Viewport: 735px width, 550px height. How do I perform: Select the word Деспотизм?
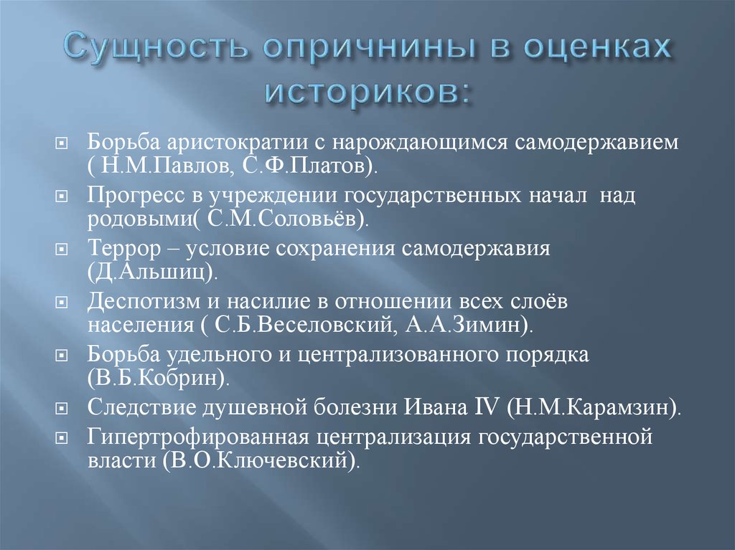[x=144, y=302]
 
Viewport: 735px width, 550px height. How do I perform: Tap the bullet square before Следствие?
[x=62, y=408]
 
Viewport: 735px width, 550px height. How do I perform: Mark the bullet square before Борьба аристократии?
[x=62, y=143]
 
